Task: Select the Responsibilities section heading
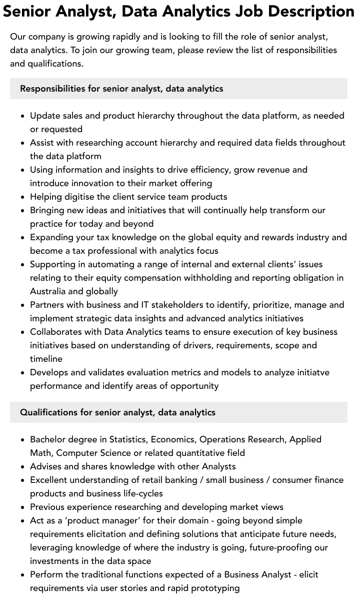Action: click(121, 89)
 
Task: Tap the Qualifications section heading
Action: click(117, 412)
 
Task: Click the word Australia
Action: click(48, 291)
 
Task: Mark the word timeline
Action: click(46, 359)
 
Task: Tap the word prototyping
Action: click(212, 588)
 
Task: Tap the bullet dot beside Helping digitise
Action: click(23, 197)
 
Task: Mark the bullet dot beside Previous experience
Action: click(23, 507)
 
